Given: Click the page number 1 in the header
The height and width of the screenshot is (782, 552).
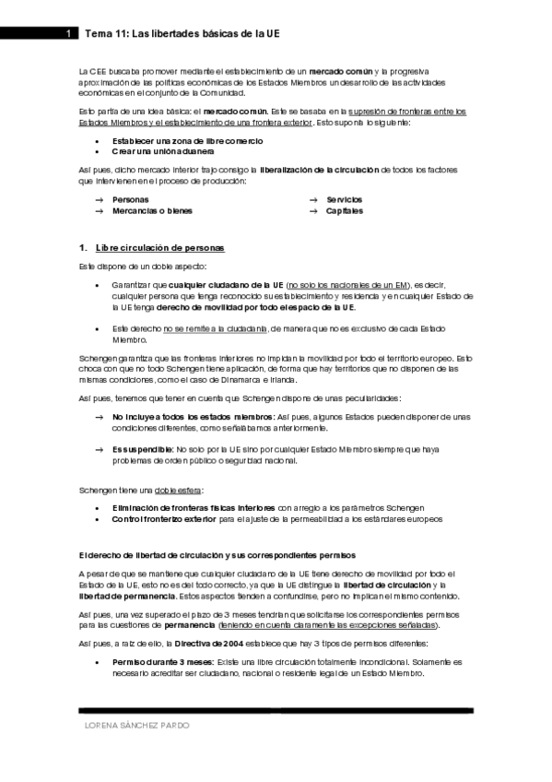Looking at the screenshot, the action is click(x=69, y=33).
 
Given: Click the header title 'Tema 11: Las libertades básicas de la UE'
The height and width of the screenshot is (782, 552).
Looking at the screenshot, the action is click(x=182, y=33).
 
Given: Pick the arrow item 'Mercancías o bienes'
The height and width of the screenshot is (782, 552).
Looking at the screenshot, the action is click(x=152, y=210).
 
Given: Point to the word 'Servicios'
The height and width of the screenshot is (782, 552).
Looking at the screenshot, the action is click(x=344, y=199).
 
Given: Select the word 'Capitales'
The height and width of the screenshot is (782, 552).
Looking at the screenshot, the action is click(x=344, y=210).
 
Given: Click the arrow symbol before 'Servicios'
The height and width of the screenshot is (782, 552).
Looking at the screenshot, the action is click(x=313, y=199).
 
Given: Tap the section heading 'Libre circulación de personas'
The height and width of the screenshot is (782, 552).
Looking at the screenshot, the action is click(x=159, y=248).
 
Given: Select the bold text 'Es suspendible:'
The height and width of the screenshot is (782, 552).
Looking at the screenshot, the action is click(x=142, y=449).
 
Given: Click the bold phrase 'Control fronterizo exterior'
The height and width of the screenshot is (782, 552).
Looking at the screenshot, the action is click(x=168, y=518).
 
